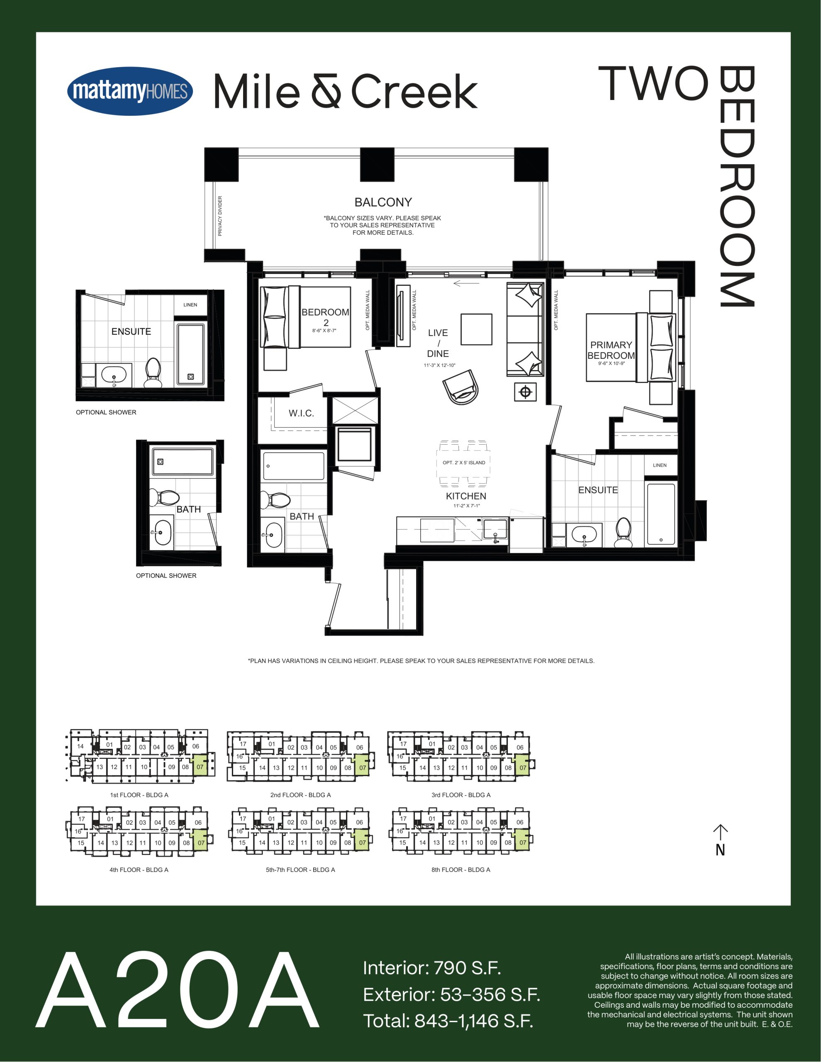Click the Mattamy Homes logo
(130, 91)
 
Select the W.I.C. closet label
(301, 413)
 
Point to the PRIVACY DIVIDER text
(220, 216)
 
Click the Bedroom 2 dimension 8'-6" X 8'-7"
(324, 331)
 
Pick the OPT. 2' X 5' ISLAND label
(463, 463)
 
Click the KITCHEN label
(466, 496)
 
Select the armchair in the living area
(460, 387)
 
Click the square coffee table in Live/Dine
(476, 329)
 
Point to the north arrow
(720, 839)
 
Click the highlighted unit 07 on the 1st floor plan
(200, 767)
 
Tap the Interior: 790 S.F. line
(432, 968)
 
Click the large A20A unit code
(178, 990)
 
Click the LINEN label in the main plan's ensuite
(660, 465)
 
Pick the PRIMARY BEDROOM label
(611, 350)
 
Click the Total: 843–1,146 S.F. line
(448, 1020)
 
